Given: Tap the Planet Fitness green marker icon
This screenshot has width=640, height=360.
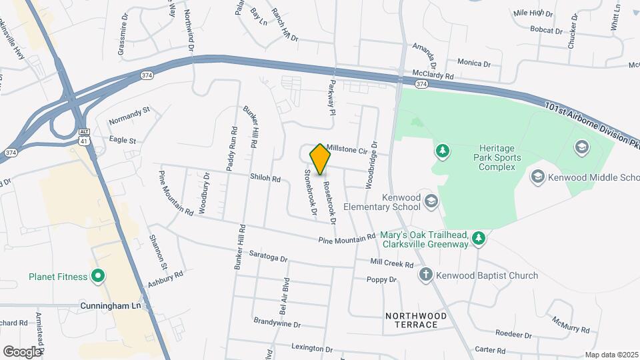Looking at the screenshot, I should coord(98,275).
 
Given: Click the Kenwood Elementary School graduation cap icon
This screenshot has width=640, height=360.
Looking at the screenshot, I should coord(431,201).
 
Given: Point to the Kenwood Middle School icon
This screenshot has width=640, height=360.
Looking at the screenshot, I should coord(537,177).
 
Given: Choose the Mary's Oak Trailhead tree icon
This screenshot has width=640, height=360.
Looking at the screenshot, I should coord(478,238).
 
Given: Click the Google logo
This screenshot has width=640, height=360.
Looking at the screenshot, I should coord(22,351).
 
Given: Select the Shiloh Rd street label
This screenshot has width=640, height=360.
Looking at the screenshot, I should coord(265,179).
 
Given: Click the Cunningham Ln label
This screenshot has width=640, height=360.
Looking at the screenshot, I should coord(112,305).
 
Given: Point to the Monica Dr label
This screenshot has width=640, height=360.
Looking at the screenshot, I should coord(474,63).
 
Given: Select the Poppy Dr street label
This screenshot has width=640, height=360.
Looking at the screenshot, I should coord(381,279).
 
